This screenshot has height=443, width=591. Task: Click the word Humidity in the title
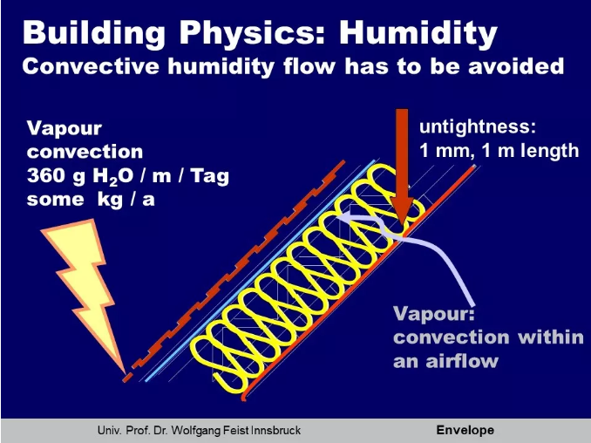click(x=418, y=34)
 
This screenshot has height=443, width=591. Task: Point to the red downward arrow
click(x=402, y=166)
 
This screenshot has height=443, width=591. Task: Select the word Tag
click(x=209, y=177)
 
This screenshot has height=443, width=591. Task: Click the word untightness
click(x=477, y=127)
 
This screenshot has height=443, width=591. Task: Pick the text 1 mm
click(x=445, y=151)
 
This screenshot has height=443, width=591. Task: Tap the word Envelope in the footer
click(x=465, y=430)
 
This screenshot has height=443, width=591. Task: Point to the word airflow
click(x=462, y=361)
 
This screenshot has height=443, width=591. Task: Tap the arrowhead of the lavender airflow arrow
click(x=342, y=216)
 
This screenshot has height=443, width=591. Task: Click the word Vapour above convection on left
click(x=65, y=128)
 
